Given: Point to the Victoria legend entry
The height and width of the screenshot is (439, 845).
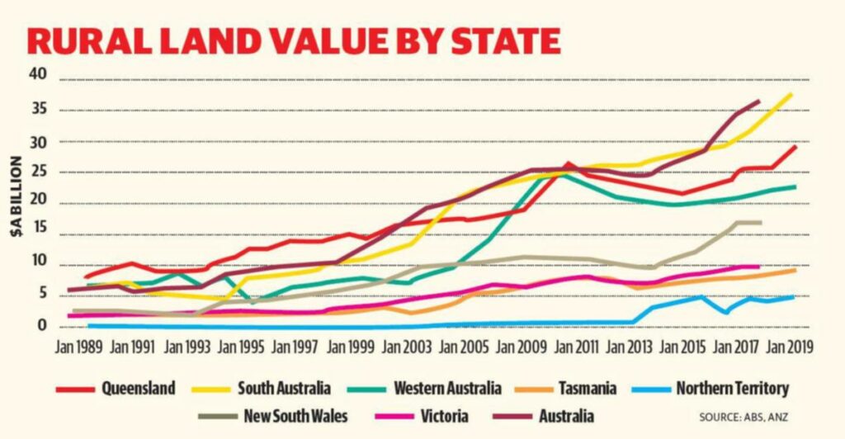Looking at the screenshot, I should click(443, 416).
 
